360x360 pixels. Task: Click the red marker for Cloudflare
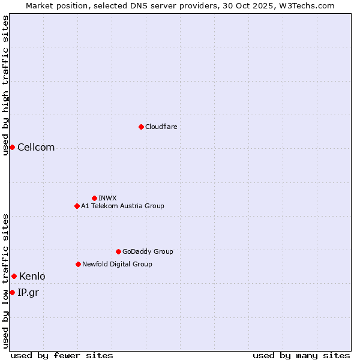coord(141,127)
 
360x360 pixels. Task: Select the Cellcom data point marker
coord(12,147)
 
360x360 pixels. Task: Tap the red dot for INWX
coord(94,198)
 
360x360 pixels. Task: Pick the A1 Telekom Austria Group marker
coord(77,206)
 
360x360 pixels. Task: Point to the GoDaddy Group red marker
coord(118,251)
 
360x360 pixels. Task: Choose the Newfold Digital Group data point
coord(78,264)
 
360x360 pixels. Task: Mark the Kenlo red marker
coord(14,276)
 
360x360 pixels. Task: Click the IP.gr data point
coord(12,292)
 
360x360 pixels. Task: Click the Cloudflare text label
coord(161,127)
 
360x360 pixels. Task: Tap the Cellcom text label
coord(36,148)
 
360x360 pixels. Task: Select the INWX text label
coord(107,198)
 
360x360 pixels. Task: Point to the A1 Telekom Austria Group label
coord(122,206)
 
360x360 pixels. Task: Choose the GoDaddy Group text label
coord(148,251)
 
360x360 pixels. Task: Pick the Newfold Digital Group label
coord(117,264)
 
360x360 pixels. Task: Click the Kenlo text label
coord(32,277)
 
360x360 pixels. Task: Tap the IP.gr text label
coord(28,293)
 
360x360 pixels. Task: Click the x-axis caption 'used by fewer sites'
coord(62,355)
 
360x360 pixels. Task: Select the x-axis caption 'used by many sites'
coord(301,355)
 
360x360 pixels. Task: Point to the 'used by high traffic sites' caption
coord(5,85)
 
